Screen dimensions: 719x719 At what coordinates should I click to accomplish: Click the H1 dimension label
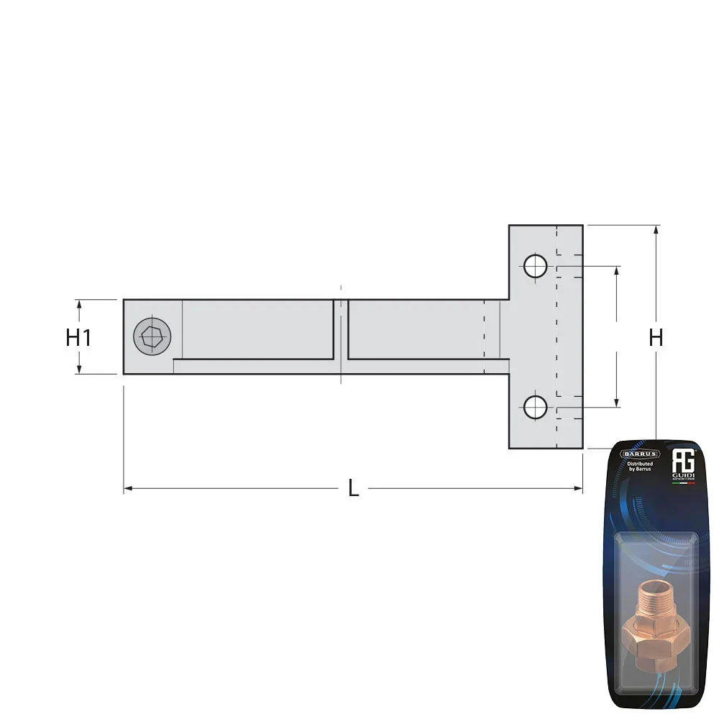pyautogui.click(x=78, y=337)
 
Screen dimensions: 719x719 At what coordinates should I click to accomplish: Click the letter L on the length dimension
pyautogui.click(x=353, y=489)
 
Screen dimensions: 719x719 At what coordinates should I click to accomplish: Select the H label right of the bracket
pyautogui.click(x=656, y=337)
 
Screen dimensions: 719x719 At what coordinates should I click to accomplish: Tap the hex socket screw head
pyautogui.click(x=152, y=336)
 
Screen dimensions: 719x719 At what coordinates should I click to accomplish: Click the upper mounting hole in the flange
pyautogui.click(x=535, y=266)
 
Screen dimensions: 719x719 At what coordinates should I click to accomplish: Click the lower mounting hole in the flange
pyautogui.click(x=535, y=407)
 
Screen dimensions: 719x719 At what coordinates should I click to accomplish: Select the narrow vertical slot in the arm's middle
pyautogui.click(x=341, y=329)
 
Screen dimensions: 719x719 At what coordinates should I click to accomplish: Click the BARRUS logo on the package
pyautogui.click(x=640, y=454)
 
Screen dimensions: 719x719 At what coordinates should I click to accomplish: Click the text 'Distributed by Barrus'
pyautogui.click(x=640, y=468)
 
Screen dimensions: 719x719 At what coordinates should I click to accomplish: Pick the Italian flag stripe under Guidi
pyautogui.click(x=683, y=483)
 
